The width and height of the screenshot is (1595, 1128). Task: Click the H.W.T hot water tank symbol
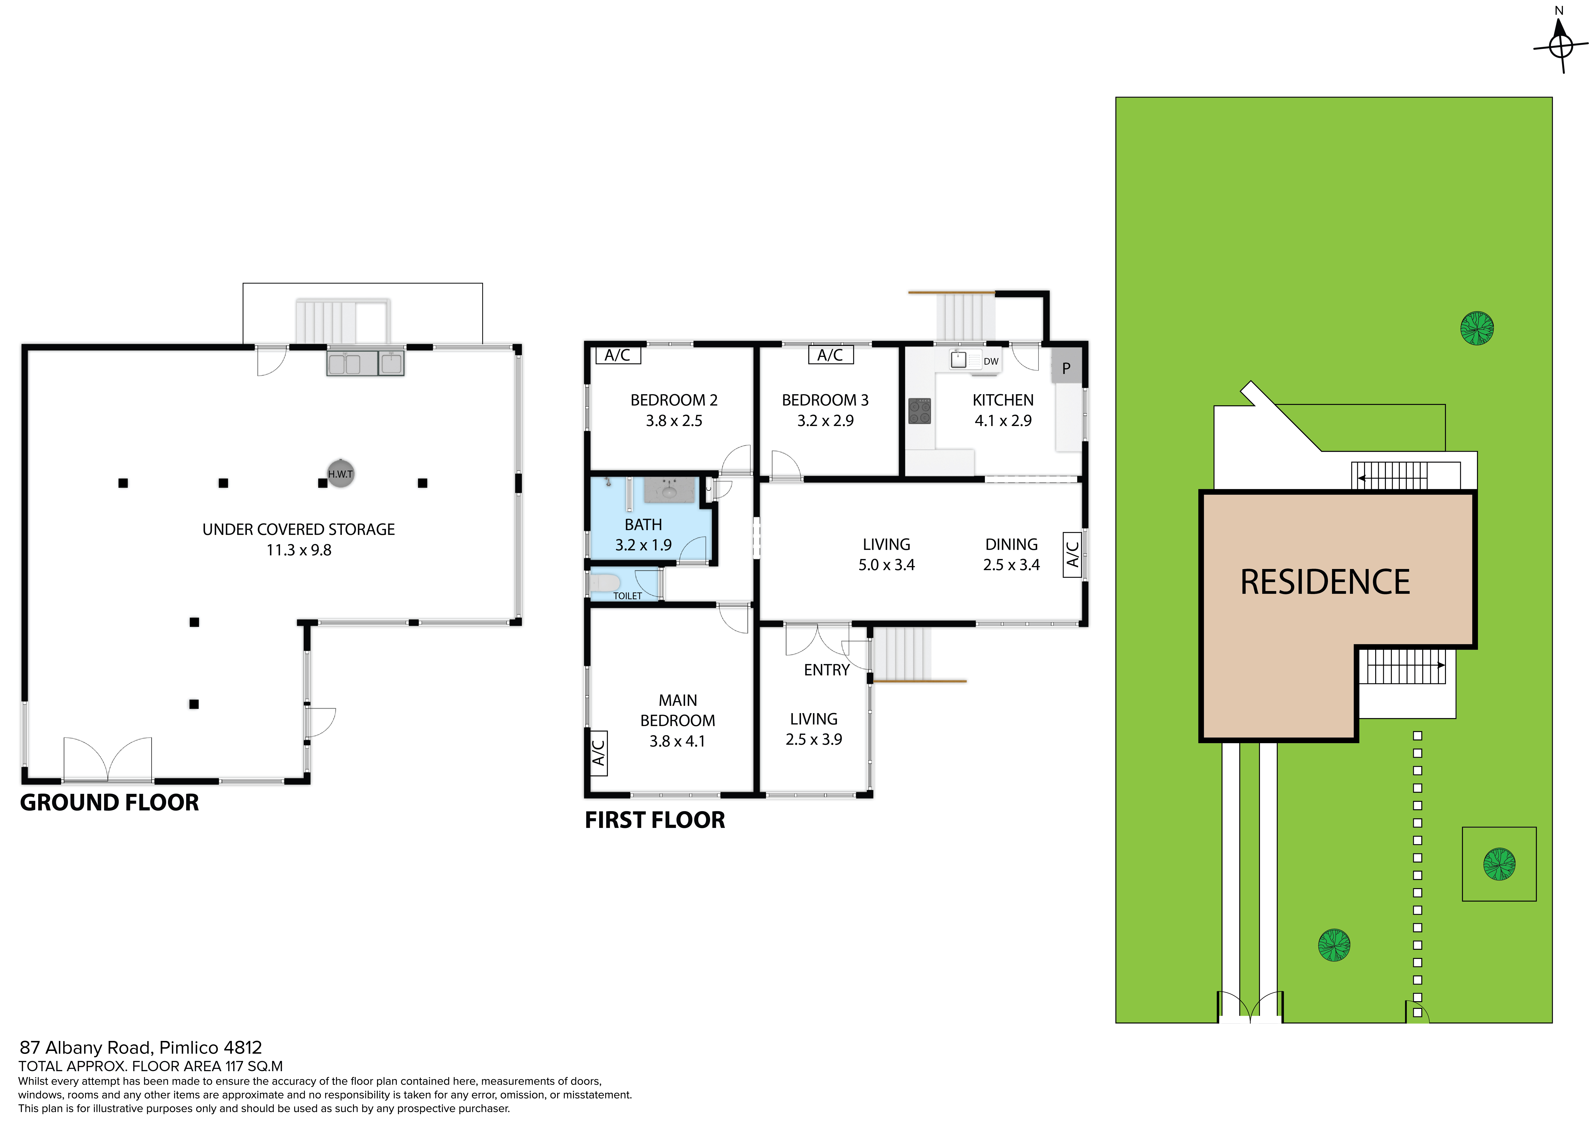point(341,474)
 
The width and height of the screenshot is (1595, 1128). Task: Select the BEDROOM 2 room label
point(674,400)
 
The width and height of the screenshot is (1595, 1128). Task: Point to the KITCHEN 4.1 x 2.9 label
point(1003,410)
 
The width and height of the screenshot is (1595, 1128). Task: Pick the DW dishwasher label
point(991,361)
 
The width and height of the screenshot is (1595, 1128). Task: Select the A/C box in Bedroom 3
point(831,355)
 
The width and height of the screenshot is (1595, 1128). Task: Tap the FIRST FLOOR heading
point(655,820)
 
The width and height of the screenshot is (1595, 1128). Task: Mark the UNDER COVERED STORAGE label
point(299,529)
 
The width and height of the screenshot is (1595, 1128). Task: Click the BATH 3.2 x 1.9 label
point(643,535)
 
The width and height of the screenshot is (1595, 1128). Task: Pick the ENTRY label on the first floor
point(827,670)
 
